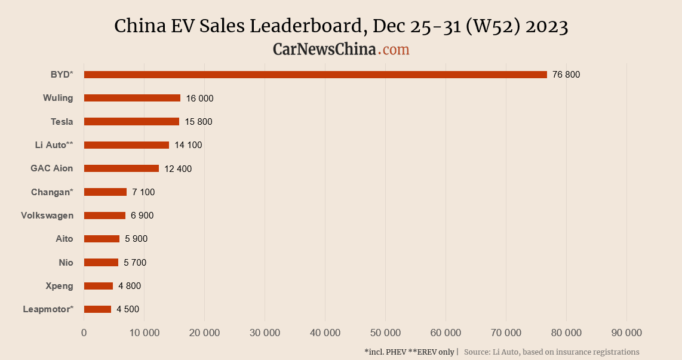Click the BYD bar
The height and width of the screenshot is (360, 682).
click(x=315, y=75)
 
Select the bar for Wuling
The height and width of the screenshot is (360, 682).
click(x=132, y=98)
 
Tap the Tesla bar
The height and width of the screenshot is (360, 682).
click(x=131, y=122)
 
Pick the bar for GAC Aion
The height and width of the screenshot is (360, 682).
click(x=121, y=168)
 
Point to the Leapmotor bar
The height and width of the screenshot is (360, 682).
click(x=97, y=309)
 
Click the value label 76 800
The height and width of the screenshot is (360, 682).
click(x=566, y=75)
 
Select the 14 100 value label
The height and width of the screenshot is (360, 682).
click(x=188, y=145)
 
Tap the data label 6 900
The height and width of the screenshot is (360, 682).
click(x=142, y=216)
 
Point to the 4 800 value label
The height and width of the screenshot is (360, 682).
click(x=130, y=286)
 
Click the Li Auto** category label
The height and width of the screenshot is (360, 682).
click(x=54, y=145)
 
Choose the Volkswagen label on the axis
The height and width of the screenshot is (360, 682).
click(x=47, y=216)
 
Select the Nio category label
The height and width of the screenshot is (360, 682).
click(x=66, y=263)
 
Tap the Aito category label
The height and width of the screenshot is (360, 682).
click(x=64, y=239)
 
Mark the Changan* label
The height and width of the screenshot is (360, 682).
click(x=52, y=192)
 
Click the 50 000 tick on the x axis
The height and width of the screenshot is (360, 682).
click(x=385, y=333)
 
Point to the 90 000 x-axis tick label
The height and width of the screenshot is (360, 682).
click(x=626, y=333)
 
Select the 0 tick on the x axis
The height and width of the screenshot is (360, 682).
click(x=84, y=333)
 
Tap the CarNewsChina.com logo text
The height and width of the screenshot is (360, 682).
click(x=341, y=50)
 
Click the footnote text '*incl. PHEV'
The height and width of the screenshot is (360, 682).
click(x=385, y=352)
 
